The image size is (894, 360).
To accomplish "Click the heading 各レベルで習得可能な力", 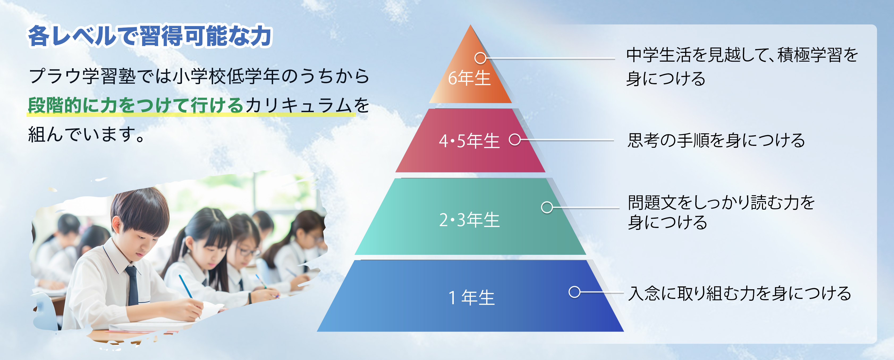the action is (150, 36).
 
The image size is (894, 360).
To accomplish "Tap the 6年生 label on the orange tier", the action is (469, 78).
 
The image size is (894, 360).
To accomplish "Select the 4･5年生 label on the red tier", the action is (469, 141).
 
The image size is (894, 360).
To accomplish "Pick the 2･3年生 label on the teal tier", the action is (469, 220).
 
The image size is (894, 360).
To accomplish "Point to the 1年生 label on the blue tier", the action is (471, 298).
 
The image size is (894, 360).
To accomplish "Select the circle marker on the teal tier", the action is (547, 207).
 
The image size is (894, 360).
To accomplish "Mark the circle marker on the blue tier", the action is (574, 292).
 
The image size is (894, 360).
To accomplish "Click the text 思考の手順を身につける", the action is (716, 140).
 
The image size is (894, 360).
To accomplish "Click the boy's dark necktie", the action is (133, 285).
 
